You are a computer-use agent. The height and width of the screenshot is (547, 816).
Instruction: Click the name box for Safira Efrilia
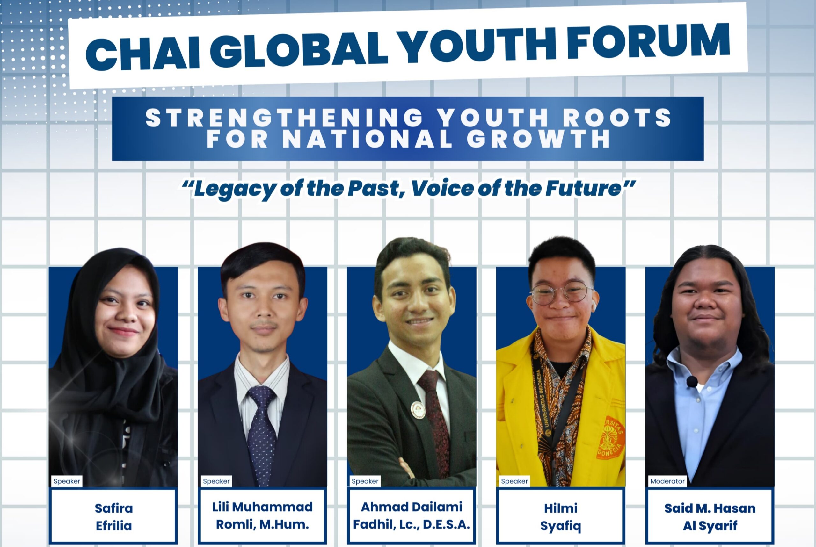[x=114, y=517]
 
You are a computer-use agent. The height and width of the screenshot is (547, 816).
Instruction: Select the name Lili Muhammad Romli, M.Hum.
[x=262, y=515]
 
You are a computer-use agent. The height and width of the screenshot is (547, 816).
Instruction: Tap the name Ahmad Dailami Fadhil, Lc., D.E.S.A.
[x=412, y=515]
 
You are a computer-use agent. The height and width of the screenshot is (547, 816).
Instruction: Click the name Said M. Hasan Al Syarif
[x=710, y=517]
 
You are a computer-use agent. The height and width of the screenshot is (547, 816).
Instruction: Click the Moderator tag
[x=667, y=481]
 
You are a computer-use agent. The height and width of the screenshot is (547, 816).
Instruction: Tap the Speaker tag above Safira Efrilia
[x=67, y=481]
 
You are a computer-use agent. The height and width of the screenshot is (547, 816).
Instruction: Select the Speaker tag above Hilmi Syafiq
[x=514, y=481]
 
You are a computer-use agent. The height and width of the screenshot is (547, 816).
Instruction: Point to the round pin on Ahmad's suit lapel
[x=418, y=410]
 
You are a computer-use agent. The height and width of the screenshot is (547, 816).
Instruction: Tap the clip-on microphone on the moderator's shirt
[x=692, y=382]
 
